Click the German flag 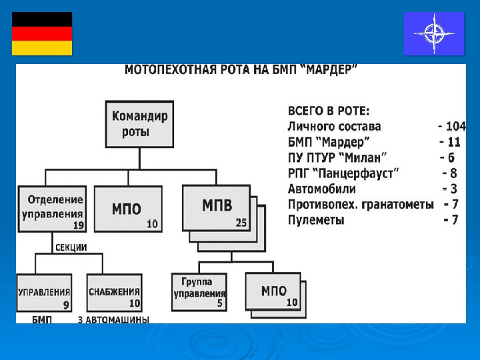(42, 33)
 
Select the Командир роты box (140, 123)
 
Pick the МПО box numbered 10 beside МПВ (127, 209)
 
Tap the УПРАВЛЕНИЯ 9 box (44, 293)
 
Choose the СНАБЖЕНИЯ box (114, 293)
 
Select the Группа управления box (199, 292)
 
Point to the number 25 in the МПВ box (241, 223)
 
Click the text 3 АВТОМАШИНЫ (114, 320)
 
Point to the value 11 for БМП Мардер (454, 142)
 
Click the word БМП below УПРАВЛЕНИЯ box (41, 320)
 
